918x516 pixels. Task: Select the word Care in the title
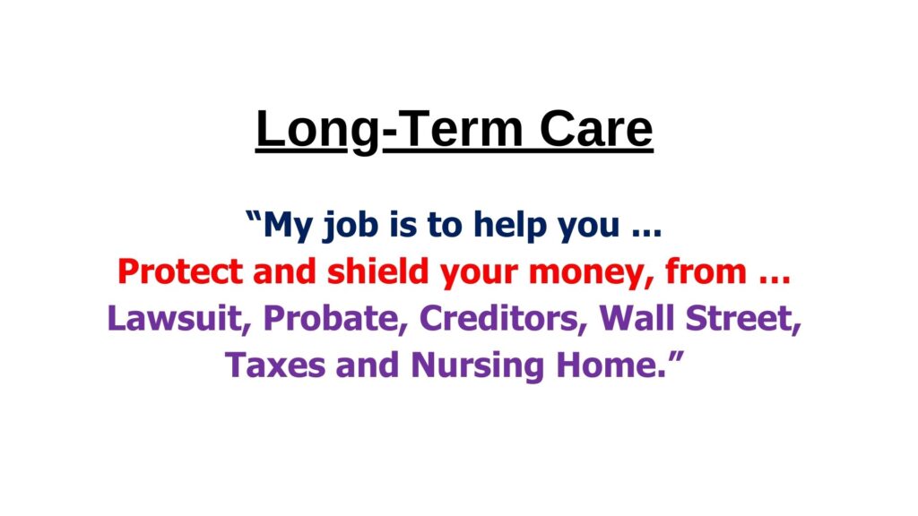tap(596, 129)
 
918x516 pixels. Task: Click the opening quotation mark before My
tap(254, 217)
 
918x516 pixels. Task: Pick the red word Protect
tap(179, 272)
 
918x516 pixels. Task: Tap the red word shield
tap(377, 271)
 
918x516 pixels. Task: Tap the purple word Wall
tap(637, 318)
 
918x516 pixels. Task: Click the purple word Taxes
tap(275, 365)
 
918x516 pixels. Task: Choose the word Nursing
tap(477, 366)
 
